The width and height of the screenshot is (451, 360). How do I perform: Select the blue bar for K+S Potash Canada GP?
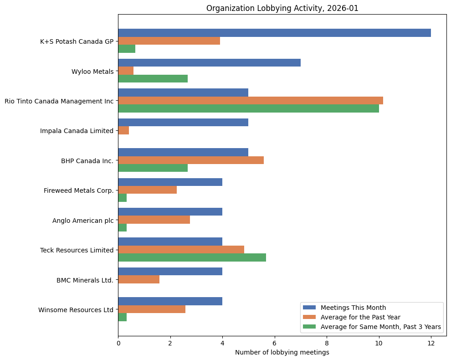tap(274, 33)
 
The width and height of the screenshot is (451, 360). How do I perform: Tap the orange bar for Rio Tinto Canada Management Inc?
tap(251, 100)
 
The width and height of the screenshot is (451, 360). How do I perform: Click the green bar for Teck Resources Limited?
tap(192, 257)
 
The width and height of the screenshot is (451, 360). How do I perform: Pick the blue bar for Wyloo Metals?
tap(209, 62)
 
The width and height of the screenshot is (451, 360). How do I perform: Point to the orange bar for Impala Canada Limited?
tap(123, 130)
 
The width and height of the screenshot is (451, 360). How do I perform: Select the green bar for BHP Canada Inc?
tap(153, 168)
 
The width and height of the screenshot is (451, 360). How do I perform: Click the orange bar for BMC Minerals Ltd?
tap(138, 279)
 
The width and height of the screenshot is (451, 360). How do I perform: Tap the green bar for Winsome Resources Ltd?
tap(122, 317)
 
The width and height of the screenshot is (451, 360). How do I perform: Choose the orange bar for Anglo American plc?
tap(154, 220)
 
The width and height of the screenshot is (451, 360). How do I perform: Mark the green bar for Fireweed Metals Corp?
tap(122, 198)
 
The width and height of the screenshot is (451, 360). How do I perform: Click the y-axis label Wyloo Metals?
tap(92, 71)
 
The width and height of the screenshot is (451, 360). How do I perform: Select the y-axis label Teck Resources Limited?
tap(77, 250)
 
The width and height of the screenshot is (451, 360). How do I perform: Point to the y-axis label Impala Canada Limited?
tap(77, 131)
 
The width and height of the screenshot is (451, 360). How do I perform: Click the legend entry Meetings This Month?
tap(353, 308)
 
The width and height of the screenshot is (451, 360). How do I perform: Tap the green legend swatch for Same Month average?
tap(309, 327)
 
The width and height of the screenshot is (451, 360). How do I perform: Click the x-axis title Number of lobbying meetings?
tap(282, 352)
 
